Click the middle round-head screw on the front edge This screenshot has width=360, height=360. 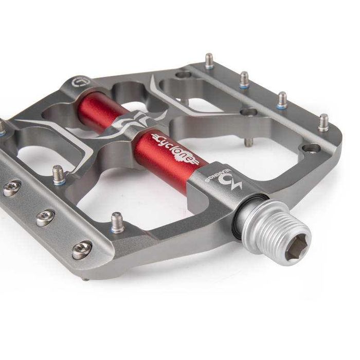click(x=45, y=217)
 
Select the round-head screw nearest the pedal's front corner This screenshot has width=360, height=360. click(x=82, y=249)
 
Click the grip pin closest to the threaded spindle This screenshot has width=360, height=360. click(x=117, y=222)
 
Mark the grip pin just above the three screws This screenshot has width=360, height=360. click(x=59, y=174)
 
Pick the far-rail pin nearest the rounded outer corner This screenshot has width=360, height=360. click(x=323, y=122)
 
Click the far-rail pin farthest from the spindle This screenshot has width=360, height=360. click(x=209, y=61)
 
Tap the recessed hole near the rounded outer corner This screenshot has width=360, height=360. click(x=311, y=149)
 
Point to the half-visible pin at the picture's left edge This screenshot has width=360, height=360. click(x=2, y=127)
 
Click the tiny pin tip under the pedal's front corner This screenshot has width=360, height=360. click(x=85, y=279)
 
